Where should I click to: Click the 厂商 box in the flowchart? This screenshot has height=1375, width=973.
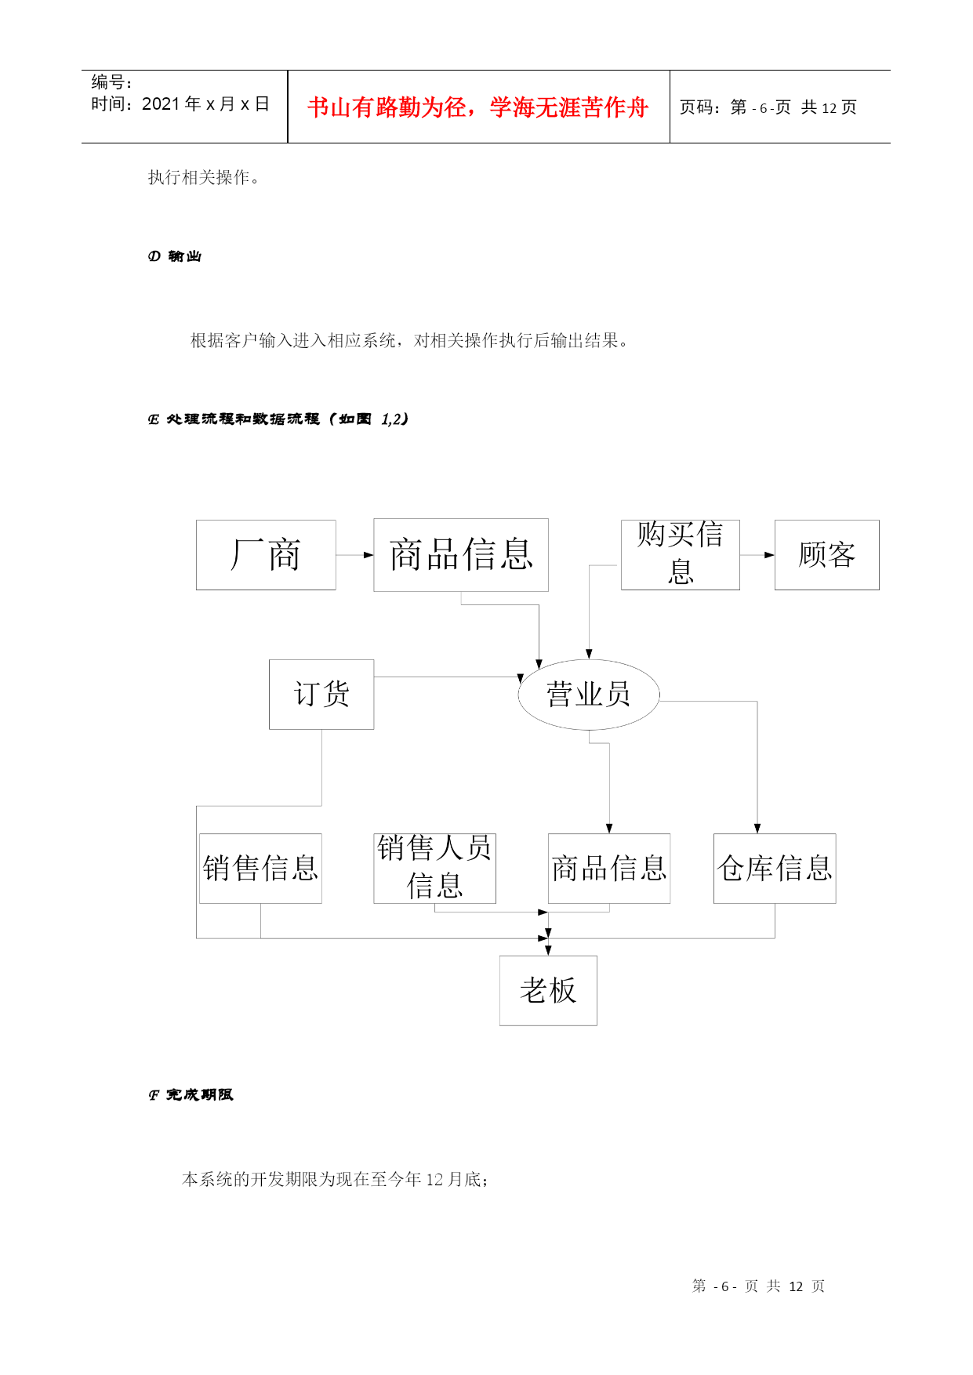point(266,555)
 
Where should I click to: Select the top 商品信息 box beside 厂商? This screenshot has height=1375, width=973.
point(461,555)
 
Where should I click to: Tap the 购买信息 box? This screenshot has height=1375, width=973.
point(681,555)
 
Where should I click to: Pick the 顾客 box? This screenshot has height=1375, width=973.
point(827,555)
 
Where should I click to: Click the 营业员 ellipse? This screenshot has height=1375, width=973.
point(589,695)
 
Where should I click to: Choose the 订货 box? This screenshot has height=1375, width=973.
point(321,695)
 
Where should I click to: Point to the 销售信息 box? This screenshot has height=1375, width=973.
point(260,869)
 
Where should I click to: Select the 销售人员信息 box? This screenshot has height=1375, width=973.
point(435,869)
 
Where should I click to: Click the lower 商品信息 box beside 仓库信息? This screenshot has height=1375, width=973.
point(609,869)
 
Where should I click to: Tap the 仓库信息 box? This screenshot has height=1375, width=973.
point(775,869)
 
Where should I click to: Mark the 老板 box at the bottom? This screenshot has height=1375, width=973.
point(548,991)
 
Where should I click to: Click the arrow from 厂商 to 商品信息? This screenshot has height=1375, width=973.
point(355,555)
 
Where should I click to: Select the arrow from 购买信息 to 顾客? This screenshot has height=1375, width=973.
point(757,555)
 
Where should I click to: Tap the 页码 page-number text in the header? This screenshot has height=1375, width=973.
point(768,107)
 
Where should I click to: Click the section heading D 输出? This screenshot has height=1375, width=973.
point(175,256)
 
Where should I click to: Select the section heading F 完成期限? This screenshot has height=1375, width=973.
point(191,1095)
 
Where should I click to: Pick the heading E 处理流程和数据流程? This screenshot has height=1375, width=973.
point(278,419)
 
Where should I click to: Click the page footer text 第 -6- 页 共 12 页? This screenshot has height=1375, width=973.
point(758,1286)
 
